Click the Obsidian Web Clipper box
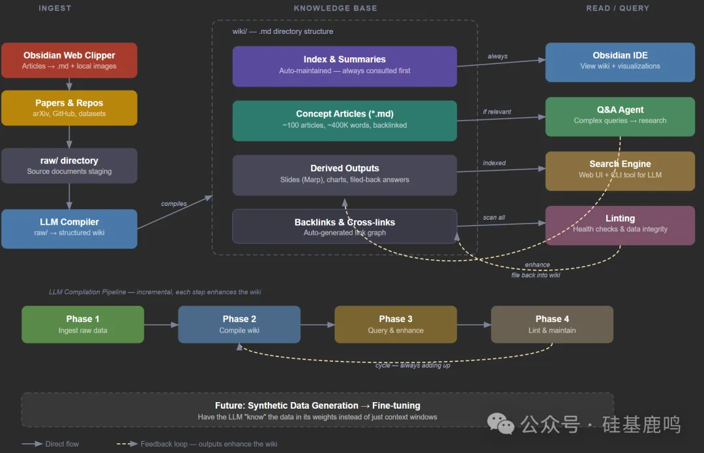pos(69,60)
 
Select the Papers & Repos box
pos(69,108)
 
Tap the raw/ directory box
pos(69,166)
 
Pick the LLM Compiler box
pos(69,228)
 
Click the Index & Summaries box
pos(344,66)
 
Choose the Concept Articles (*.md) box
pos(344,120)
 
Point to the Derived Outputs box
pos(344,175)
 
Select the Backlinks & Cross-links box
pos(344,226)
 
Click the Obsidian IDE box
pos(620,61)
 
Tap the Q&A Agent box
pos(620,116)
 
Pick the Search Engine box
pos(620,170)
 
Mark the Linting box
pos(620,224)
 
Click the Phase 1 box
pos(83,324)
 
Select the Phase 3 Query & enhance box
pos(396,324)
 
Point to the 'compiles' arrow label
pos(174,204)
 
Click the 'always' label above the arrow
pos(497,57)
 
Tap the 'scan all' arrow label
pos(493,218)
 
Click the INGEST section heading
pos(55,8)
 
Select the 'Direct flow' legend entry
pos(62,444)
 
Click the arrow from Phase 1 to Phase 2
pos(161,324)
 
